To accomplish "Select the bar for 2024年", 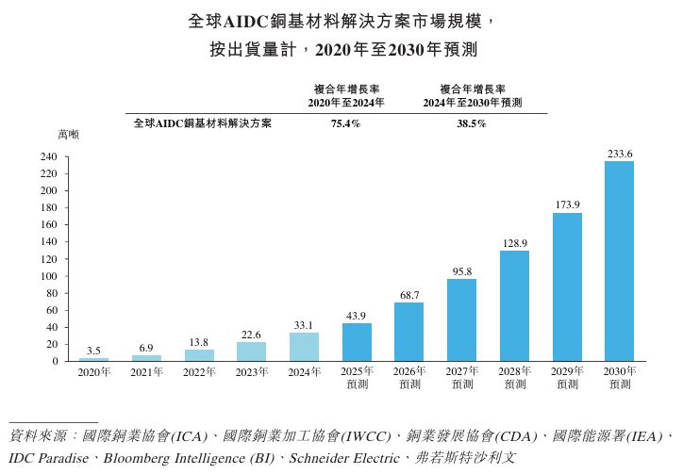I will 304,347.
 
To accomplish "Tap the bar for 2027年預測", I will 461,319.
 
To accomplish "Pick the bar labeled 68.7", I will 408,332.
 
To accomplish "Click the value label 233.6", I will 620,153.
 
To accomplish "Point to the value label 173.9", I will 567,204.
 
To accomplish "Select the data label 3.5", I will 93,351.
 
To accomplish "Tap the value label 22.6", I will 251,334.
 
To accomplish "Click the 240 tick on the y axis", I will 49,156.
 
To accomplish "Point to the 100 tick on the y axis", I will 49,276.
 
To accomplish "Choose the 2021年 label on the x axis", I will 146,372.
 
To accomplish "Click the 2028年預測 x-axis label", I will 514,378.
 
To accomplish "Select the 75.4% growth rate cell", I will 345,123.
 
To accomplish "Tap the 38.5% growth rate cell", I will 472,123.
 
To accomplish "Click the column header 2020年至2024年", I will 345,102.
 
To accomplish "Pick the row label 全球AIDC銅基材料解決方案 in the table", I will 202,123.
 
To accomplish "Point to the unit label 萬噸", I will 68,135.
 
